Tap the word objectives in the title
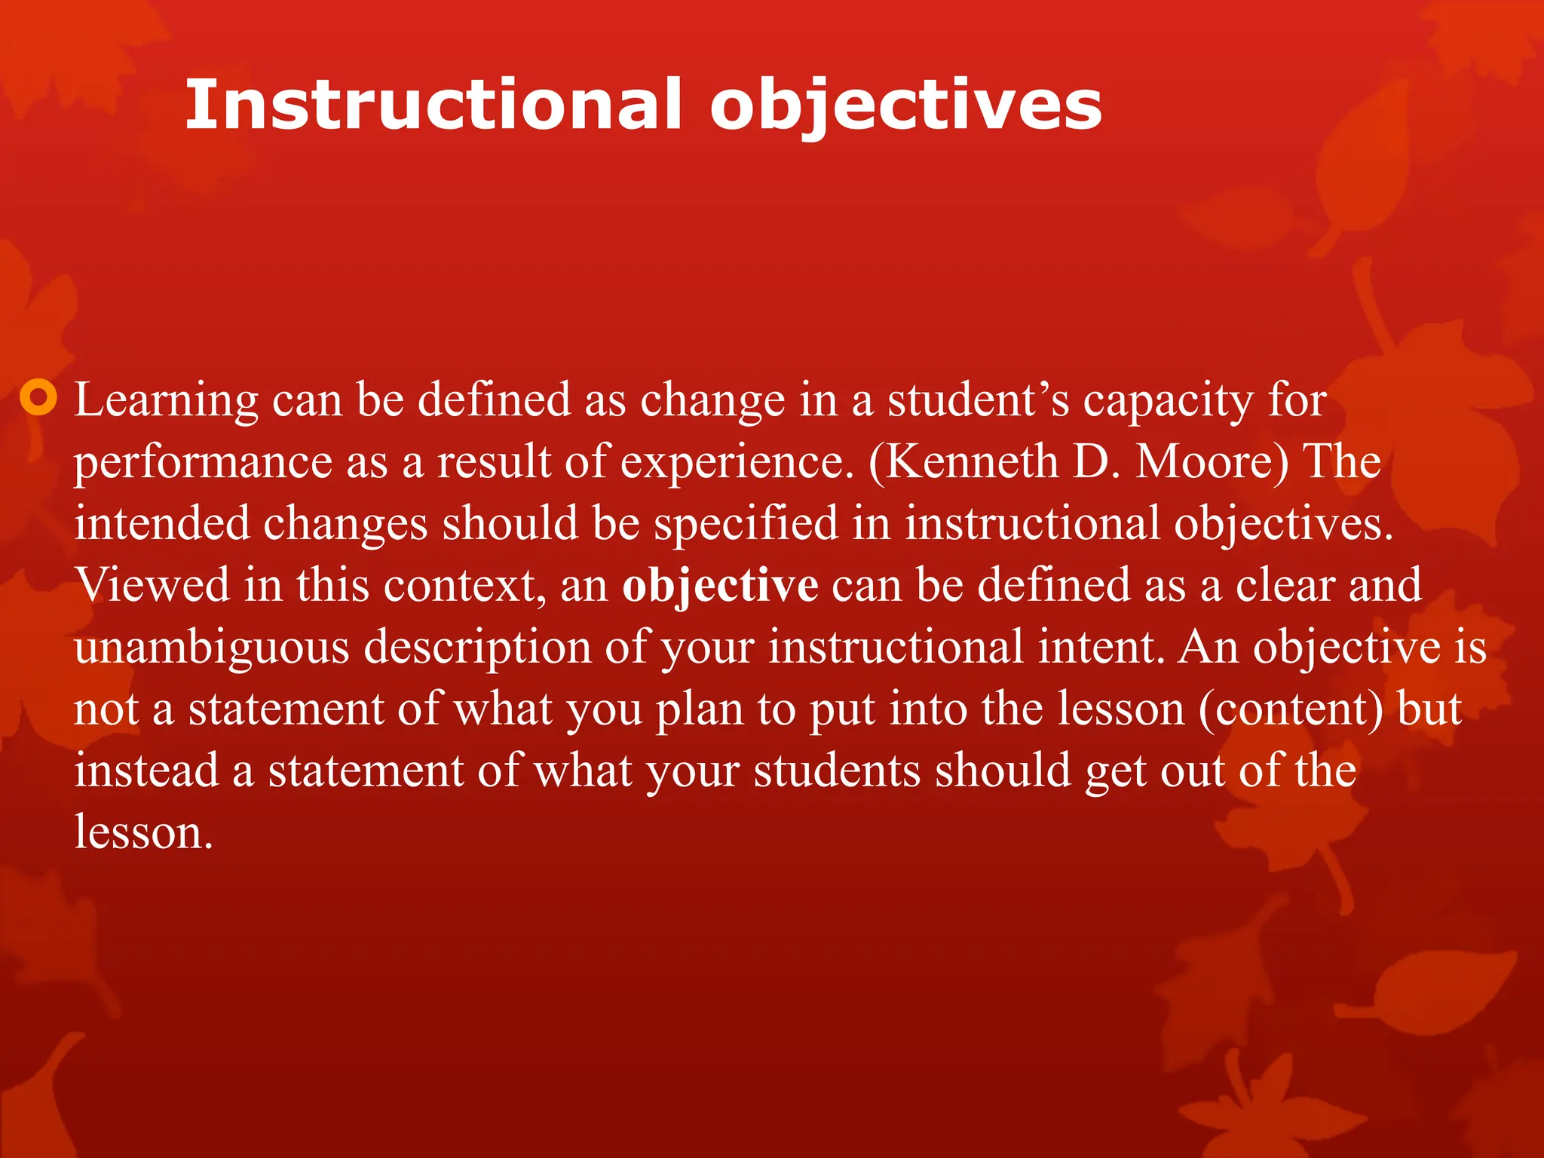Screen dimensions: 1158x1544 tap(905, 105)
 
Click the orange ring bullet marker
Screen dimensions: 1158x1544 tap(38, 397)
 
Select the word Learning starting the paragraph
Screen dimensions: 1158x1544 tap(166, 400)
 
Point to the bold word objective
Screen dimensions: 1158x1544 tap(720, 586)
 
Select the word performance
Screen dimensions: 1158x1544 tap(203, 462)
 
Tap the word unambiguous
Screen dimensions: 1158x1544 tap(212, 648)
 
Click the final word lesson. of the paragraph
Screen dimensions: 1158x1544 tap(143, 832)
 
